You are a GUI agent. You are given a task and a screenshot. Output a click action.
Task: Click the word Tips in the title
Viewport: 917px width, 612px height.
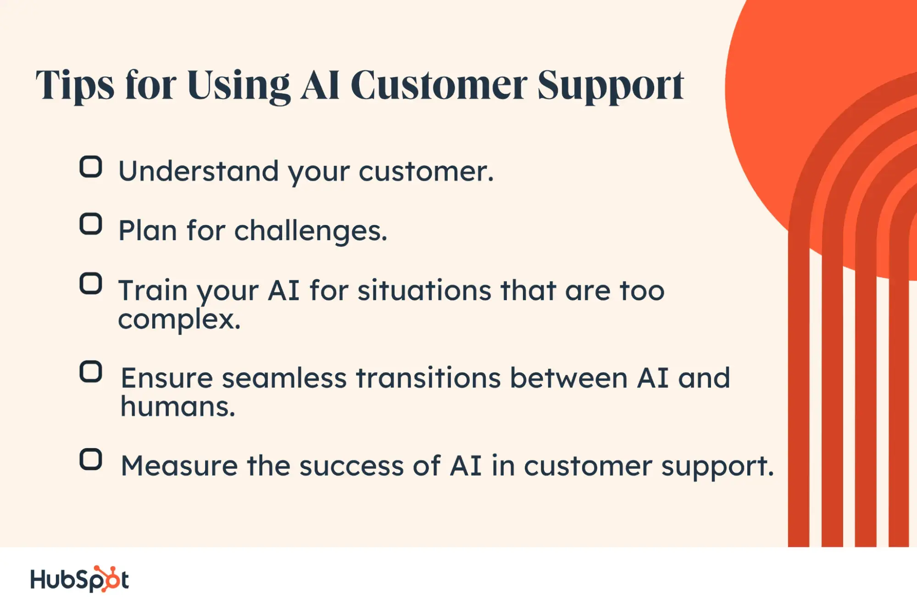click(75, 86)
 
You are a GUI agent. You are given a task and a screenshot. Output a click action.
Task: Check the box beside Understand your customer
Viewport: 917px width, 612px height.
click(91, 167)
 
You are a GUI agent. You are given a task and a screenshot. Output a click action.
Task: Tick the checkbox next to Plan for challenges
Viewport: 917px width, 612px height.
click(91, 224)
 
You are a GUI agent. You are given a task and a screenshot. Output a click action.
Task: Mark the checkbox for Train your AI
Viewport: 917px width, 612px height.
click(91, 283)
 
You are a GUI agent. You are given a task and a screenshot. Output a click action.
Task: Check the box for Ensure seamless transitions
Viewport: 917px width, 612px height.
click(91, 371)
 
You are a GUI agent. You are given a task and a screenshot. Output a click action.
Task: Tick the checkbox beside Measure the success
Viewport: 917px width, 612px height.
click(91, 459)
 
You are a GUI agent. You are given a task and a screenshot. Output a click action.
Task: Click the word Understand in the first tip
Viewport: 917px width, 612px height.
click(199, 171)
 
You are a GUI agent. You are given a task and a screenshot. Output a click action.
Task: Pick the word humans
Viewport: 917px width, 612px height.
click(178, 406)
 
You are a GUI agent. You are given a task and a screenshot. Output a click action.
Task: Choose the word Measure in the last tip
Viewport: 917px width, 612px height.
click(179, 466)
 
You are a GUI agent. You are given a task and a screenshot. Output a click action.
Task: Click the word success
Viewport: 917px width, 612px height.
click(351, 466)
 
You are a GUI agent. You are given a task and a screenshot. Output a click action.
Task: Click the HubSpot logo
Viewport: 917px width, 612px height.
click(79, 579)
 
